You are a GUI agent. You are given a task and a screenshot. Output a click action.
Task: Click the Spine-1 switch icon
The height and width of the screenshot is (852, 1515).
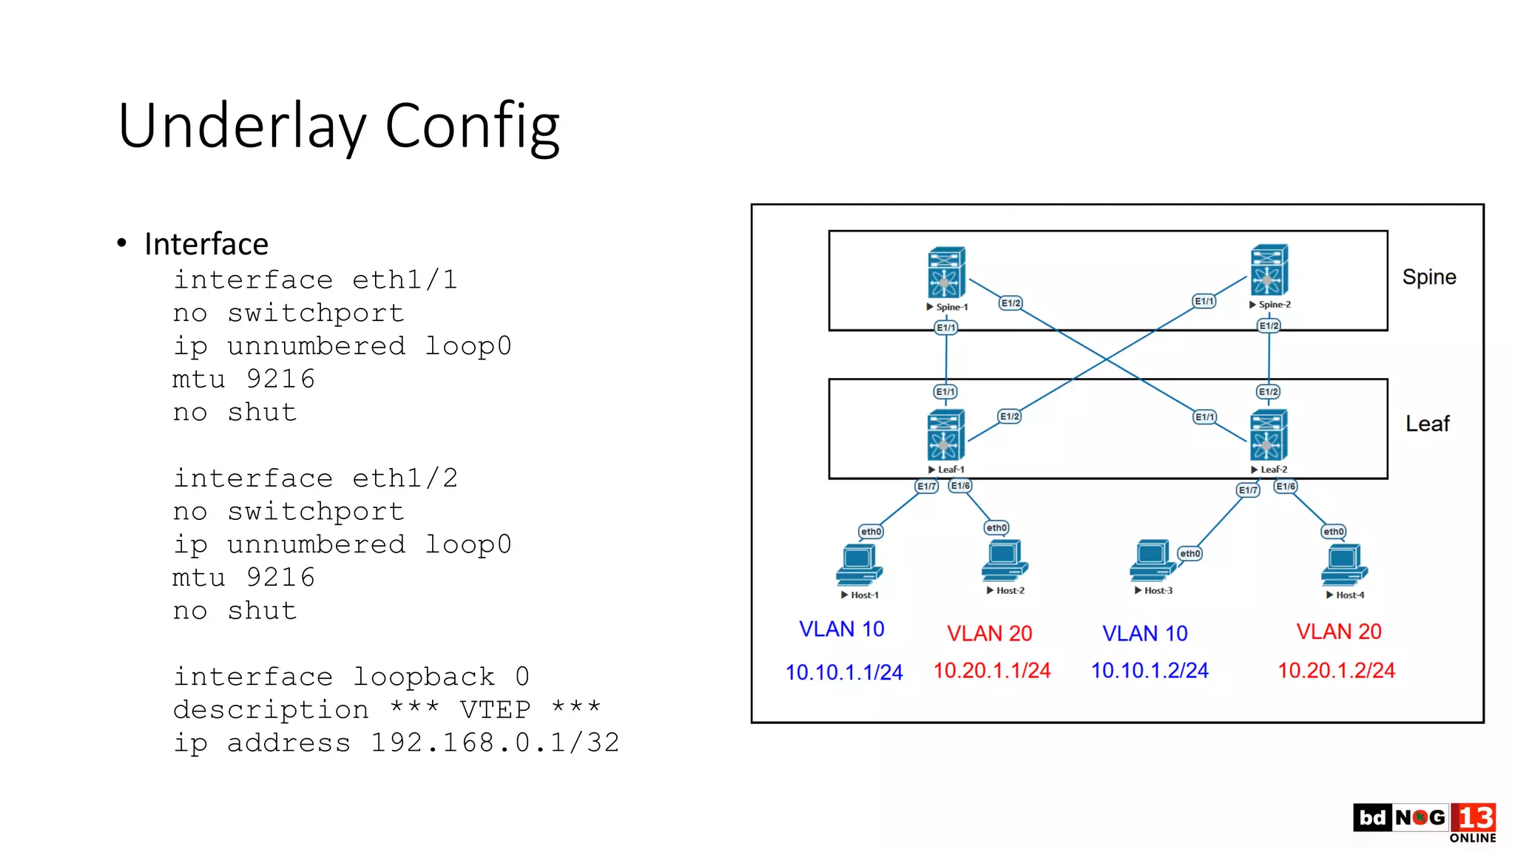tap(946, 272)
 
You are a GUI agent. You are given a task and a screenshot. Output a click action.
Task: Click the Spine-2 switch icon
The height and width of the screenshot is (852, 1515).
tap(1269, 270)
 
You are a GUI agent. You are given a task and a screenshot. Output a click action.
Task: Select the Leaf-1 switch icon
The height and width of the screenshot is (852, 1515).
tap(946, 435)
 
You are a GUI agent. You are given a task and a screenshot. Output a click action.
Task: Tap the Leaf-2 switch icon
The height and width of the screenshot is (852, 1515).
tap(1269, 435)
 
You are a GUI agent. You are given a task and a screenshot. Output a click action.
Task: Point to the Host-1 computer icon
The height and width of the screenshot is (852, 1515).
tap(859, 565)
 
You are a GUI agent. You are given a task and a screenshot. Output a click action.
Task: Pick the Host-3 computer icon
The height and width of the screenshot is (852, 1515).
tap(1152, 561)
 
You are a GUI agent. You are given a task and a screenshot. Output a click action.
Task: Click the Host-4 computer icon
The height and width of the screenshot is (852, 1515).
tap(1344, 565)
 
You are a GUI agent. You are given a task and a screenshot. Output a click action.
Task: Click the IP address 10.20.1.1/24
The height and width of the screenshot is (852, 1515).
tap(991, 670)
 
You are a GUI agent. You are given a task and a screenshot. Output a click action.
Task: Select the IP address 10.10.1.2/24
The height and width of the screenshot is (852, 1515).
tap(1150, 670)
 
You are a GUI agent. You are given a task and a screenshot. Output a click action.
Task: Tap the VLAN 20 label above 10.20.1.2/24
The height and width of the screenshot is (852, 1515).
tap(1338, 632)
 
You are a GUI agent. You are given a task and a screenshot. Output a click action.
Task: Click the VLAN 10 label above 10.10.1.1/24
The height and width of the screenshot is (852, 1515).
tap(841, 629)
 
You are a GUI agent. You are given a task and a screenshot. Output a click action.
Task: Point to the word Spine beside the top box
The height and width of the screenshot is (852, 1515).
tap(1428, 277)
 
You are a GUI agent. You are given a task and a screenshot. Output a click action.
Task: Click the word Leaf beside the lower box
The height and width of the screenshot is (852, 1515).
tap(1427, 424)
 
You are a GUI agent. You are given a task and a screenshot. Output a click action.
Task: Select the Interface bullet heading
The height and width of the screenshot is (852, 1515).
tap(206, 244)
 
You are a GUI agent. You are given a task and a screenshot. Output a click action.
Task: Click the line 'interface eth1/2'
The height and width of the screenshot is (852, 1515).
tap(316, 478)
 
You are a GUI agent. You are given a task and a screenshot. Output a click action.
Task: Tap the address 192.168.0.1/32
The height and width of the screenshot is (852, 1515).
tap(495, 743)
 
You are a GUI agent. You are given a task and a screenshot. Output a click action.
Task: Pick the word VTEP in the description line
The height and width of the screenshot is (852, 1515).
tap(495, 709)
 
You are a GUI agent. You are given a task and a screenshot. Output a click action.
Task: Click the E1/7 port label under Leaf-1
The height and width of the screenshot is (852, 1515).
tap(926, 486)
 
